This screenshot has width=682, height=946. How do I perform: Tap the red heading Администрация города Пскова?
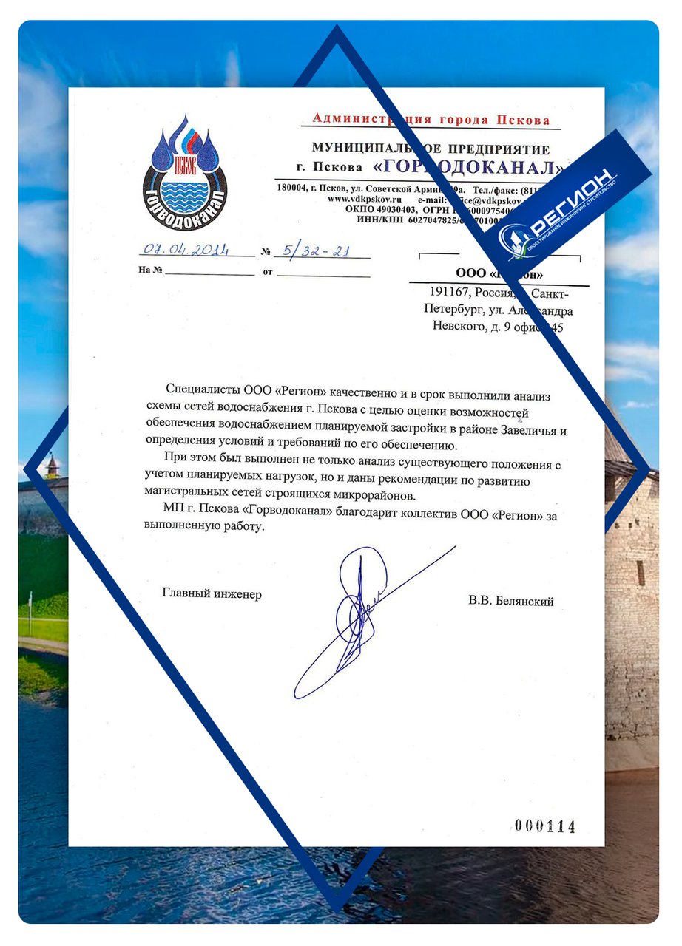click(431, 119)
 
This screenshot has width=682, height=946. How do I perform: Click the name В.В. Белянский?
click(510, 602)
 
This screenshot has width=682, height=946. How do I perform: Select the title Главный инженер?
click(212, 594)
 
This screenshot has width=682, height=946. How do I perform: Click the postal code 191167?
click(441, 294)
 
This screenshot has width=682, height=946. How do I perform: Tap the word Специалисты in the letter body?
click(199, 389)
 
